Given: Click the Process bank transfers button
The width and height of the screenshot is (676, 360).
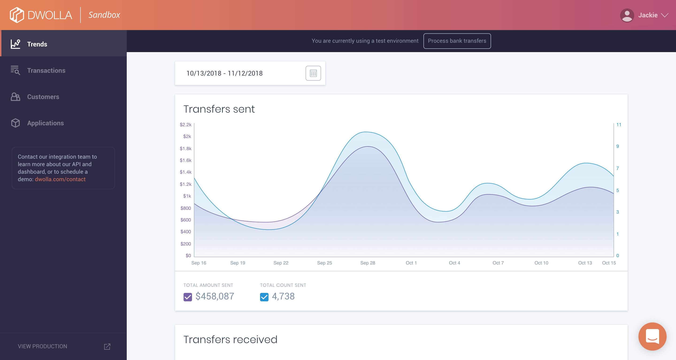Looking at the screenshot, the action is [x=457, y=41].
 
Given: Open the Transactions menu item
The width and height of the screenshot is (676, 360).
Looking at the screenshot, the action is [x=46, y=70].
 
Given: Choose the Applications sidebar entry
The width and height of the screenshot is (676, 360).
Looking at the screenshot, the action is [x=45, y=123].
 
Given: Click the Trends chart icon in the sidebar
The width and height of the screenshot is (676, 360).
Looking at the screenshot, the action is [x=15, y=44].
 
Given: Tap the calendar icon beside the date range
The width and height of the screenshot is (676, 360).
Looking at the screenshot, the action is [x=313, y=73].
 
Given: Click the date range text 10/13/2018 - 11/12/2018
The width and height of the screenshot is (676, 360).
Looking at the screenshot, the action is [x=224, y=73].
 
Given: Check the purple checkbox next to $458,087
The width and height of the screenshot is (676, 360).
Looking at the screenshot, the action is [x=188, y=297].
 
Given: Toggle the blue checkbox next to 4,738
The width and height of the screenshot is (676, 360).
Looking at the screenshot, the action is [x=264, y=297].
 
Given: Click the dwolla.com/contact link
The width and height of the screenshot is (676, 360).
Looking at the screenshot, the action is [x=60, y=179].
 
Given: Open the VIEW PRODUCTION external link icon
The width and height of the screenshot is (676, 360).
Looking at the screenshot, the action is [x=107, y=346].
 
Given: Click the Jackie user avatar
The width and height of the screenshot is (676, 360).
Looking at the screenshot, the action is [x=627, y=15].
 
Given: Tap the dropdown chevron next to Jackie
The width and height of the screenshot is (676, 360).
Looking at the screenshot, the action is [x=665, y=15].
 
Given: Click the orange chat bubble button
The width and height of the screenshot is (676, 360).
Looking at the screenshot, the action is [x=652, y=336].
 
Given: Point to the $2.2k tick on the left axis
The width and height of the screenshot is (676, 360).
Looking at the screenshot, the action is [x=185, y=125].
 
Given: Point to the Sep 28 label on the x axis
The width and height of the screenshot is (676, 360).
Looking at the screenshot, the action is [x=368, y=263].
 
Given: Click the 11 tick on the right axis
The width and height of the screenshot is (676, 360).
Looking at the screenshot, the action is [x=618, y=125].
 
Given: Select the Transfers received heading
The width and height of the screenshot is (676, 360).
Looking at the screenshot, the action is [x=230, y=339].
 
